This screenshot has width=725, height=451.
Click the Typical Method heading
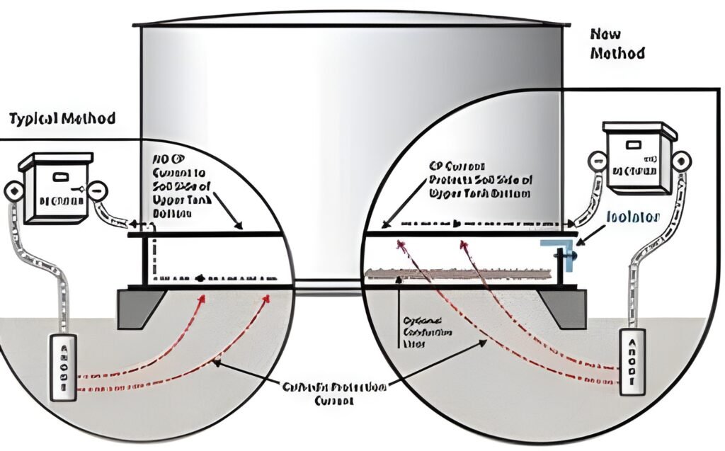point(62,118)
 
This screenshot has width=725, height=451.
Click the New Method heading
point(615,43)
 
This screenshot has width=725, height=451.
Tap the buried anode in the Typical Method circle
point(62,367)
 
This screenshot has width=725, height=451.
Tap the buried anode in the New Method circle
point(633,361)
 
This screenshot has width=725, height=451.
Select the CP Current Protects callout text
point(480,180)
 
